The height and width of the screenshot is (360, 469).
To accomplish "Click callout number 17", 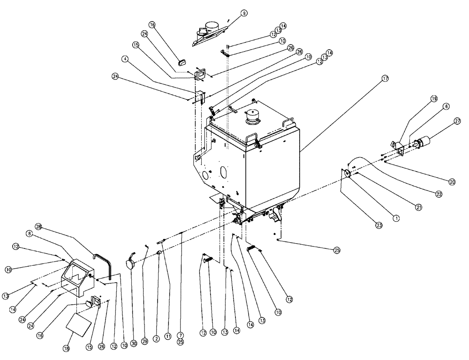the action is [x=385, y=79].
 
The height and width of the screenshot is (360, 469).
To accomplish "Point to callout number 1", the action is [x=395, y=217].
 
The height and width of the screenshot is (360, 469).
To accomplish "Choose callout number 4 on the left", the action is [x=124, y=59].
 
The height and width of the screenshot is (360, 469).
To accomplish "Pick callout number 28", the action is [x=39, y=227].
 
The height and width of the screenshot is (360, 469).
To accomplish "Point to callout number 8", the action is [x=29, y=232].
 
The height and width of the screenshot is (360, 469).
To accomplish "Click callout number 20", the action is [x=452, y=181].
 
